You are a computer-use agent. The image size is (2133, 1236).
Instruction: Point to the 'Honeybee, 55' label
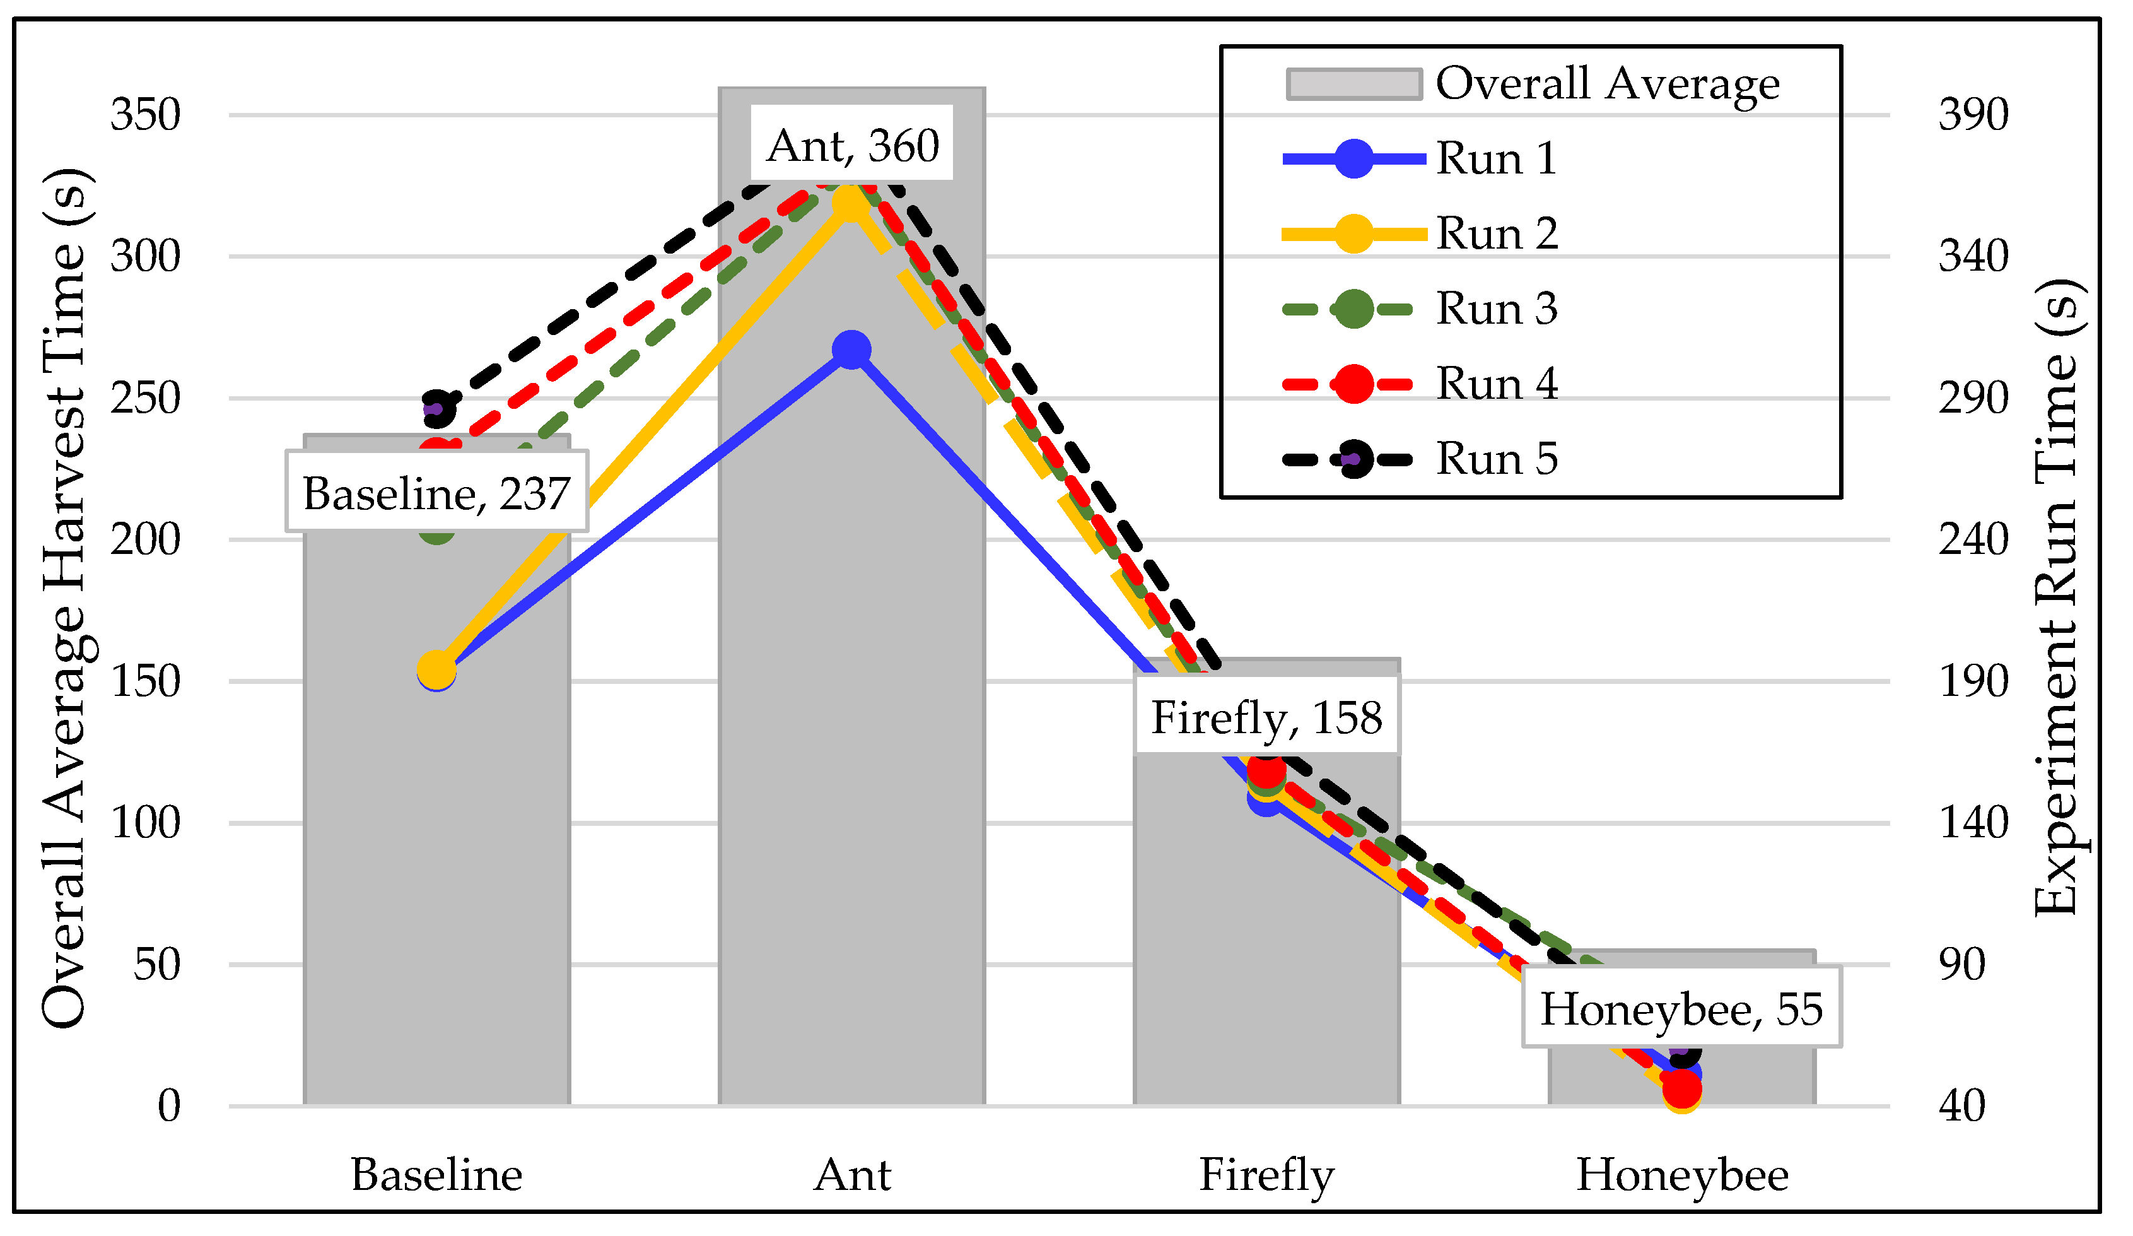pos(1681,1008)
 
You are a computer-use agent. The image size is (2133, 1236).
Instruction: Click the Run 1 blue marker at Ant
pos(851,350)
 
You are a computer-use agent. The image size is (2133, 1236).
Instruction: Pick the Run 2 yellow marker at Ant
pos(850,204)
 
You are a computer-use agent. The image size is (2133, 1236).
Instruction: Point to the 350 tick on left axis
pos(146,114)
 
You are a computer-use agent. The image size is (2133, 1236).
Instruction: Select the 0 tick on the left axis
pos(169,1105)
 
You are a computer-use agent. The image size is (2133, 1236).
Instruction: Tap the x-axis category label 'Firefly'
pos(1266,1175)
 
